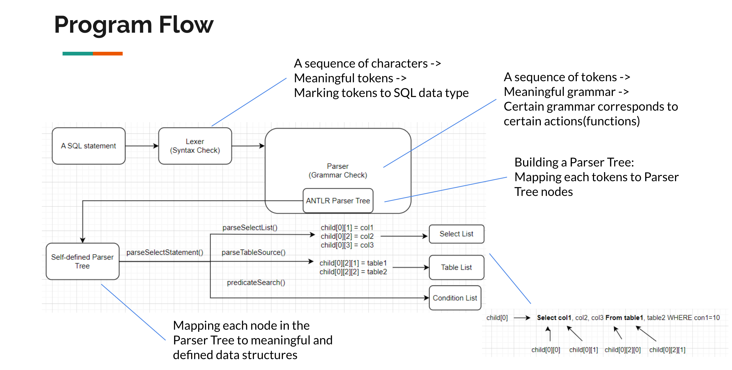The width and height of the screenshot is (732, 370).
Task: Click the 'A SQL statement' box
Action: point(88,146)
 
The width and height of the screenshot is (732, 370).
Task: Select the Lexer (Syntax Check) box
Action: point(195,146)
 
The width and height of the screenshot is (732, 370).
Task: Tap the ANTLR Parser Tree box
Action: point(338,201)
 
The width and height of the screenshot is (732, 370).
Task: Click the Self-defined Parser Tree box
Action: point(82,261)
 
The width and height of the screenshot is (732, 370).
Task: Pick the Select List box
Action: point(456,234)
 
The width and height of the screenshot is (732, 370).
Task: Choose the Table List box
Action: point(456,267)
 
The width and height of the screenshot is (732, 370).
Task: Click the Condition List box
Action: point(455,298)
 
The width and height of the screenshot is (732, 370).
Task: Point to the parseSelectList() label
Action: point(250,228)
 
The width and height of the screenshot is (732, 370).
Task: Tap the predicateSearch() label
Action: point(256,282)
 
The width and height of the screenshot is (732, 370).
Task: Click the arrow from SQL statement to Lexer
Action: point(142,146)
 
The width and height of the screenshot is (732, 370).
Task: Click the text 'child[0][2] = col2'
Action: point(347,236)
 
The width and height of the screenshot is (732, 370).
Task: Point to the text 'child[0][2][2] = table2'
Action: point(353,272)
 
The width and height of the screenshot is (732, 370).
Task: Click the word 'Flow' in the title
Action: point(186,25)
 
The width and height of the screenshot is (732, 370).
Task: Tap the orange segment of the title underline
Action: point(108,53)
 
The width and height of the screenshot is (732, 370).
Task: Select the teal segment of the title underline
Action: point(77,53)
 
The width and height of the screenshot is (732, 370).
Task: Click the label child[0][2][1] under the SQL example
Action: point(667,350)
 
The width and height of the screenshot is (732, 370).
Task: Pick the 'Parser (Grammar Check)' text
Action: point(338,170)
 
